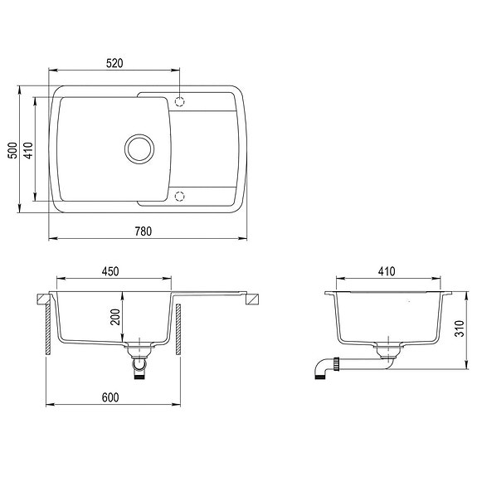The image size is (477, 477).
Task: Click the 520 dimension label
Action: click(x=115, y=63)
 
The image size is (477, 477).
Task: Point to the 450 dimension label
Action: click(x=110, y=272)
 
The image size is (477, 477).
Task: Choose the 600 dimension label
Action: click(x=110, y=397)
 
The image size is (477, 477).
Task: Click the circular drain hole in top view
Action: click(x=139, y=148)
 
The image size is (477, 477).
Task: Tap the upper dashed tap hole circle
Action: click(x=180, y=101)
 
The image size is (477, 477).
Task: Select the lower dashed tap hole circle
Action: click(x=180, y=196)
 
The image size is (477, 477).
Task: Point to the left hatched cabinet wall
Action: click(x=48, y=328)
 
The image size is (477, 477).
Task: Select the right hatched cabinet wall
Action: click(x=177, y=328)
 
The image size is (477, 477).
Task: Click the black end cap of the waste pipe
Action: click(x=319, y=376)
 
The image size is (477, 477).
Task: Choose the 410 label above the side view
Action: click(x=387, y=272)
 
